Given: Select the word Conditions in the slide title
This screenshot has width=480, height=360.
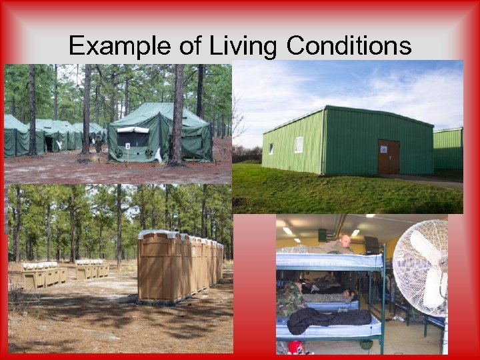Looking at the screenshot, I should (349, 46).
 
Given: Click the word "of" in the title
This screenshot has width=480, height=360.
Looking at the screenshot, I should (189, 46).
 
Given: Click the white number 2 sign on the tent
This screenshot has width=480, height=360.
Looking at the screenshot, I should (127, 145).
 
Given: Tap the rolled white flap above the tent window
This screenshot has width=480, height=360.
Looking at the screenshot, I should (133, 130).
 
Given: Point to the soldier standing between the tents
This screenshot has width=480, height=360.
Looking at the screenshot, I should (98, 141).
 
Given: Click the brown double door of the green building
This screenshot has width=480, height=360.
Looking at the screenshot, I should (389, 157).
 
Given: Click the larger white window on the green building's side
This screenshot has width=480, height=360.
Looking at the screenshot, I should (299, 144).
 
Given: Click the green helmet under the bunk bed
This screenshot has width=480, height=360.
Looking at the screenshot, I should (365, 345).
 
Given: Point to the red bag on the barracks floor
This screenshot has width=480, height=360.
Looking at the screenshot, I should (295, 348).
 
